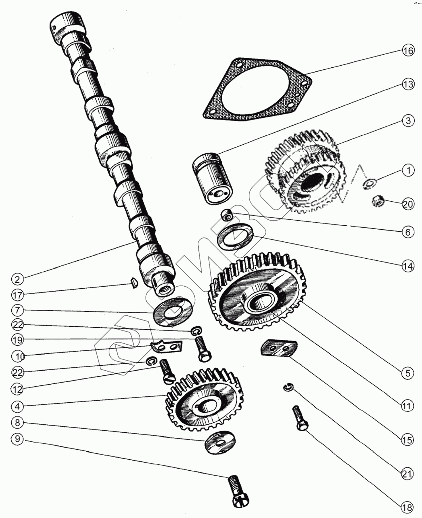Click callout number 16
408,51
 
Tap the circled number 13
408,84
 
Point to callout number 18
407,508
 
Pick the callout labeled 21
407,474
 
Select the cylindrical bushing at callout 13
212,180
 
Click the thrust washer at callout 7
173,310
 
